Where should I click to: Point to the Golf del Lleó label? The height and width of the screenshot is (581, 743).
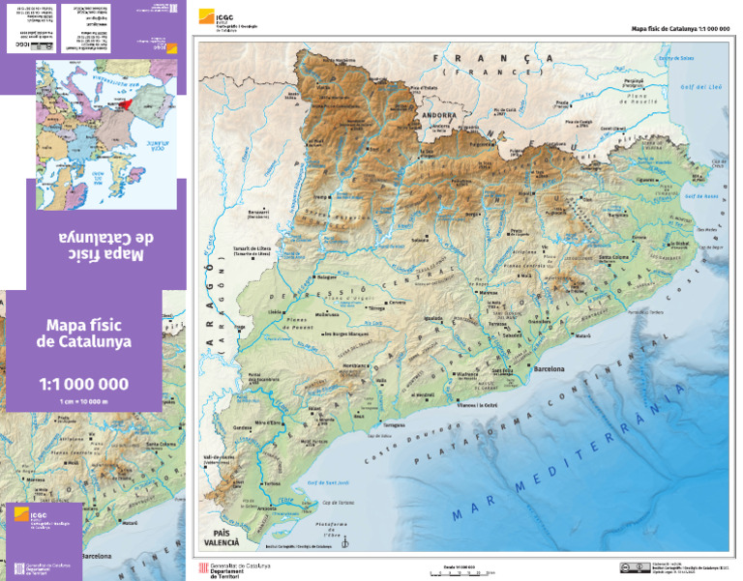coord(703,88)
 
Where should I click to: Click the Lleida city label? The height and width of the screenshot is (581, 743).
coord(276,312)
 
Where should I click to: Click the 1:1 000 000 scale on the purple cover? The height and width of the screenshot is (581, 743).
coord(83,384)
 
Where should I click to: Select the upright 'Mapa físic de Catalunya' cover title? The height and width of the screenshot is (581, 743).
coord(83,333)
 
